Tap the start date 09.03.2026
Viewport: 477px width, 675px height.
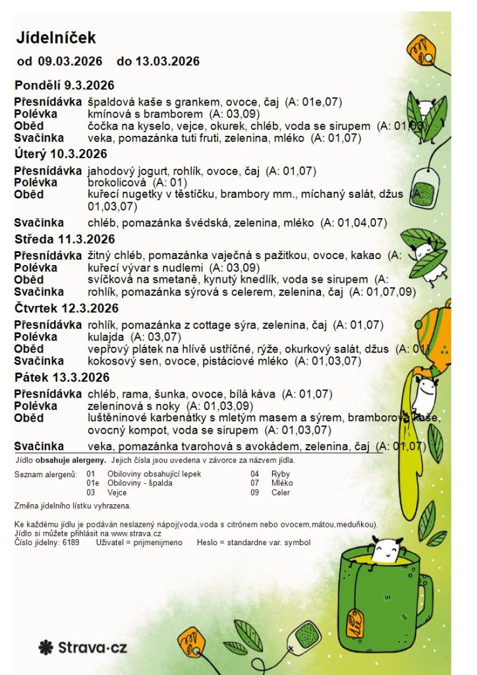70,62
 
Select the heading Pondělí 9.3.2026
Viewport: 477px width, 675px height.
65,86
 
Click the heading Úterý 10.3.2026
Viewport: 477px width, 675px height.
61,154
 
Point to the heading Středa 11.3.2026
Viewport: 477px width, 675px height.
65,239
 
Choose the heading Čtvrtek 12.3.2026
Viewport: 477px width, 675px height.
66,308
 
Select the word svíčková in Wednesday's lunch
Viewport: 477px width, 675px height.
107,279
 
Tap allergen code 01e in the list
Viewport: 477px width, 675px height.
92,483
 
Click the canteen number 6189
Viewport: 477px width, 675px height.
70,543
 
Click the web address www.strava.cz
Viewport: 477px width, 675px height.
134,534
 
